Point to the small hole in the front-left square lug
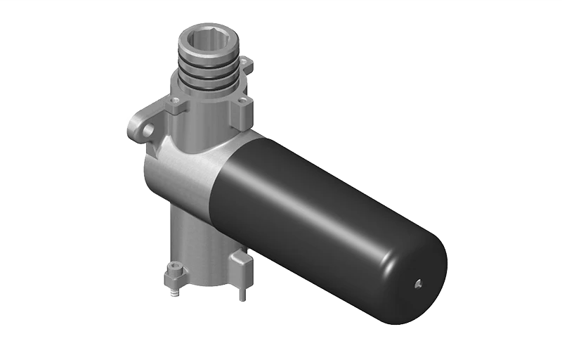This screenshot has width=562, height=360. [x=173, y=105]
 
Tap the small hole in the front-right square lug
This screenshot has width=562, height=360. [x=241, y=103]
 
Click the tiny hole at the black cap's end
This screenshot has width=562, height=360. [x=417, y=283]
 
